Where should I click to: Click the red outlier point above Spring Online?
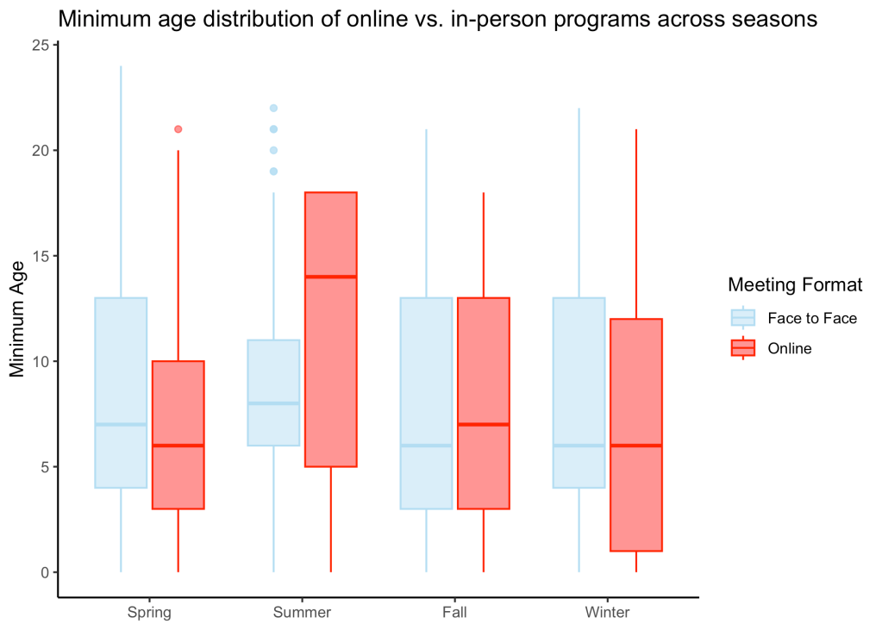(178, 129)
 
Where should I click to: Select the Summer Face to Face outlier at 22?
(273, 108)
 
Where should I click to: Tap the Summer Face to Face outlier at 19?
(273, 172)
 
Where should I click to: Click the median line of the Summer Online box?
(331, 277)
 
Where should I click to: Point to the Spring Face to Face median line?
(121, 424)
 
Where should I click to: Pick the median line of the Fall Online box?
(483, 424)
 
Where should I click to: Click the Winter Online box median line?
(636, 446)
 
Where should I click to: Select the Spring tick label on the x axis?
(149, 613)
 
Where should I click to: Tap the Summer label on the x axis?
(302, 612)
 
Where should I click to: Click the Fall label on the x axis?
(454, 612)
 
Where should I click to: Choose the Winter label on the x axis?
(608, 612)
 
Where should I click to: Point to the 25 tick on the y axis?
(41, 45)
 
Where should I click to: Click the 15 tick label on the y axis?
(41, 256)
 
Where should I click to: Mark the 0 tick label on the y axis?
(46, 572)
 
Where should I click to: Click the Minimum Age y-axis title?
(17, 319)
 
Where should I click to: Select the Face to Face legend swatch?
(743, 318)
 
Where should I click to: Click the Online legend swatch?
(743, 348)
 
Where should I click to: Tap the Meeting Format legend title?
(795, 284)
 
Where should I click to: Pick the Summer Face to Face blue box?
(273, 393)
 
